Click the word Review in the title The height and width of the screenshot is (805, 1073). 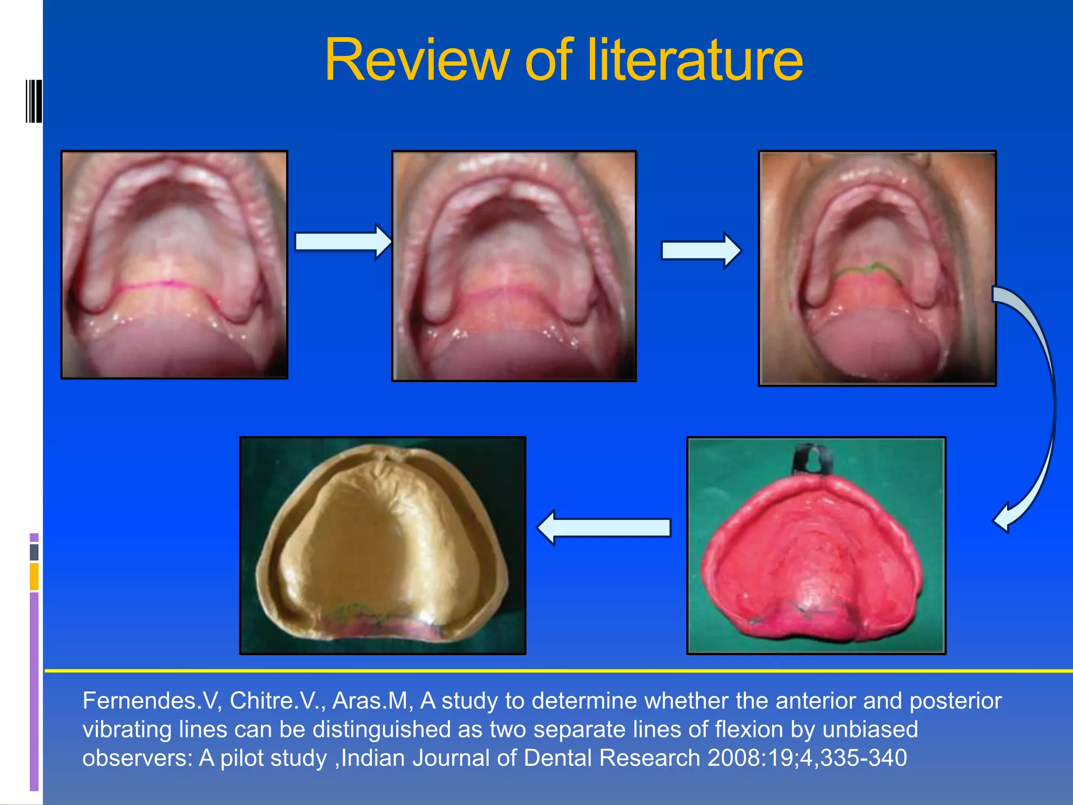click(417, 60)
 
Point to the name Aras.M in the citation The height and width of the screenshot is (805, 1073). click(372, 701)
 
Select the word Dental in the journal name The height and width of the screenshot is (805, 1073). click(557, 758)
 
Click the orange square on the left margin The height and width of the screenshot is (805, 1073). click(34, 576)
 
